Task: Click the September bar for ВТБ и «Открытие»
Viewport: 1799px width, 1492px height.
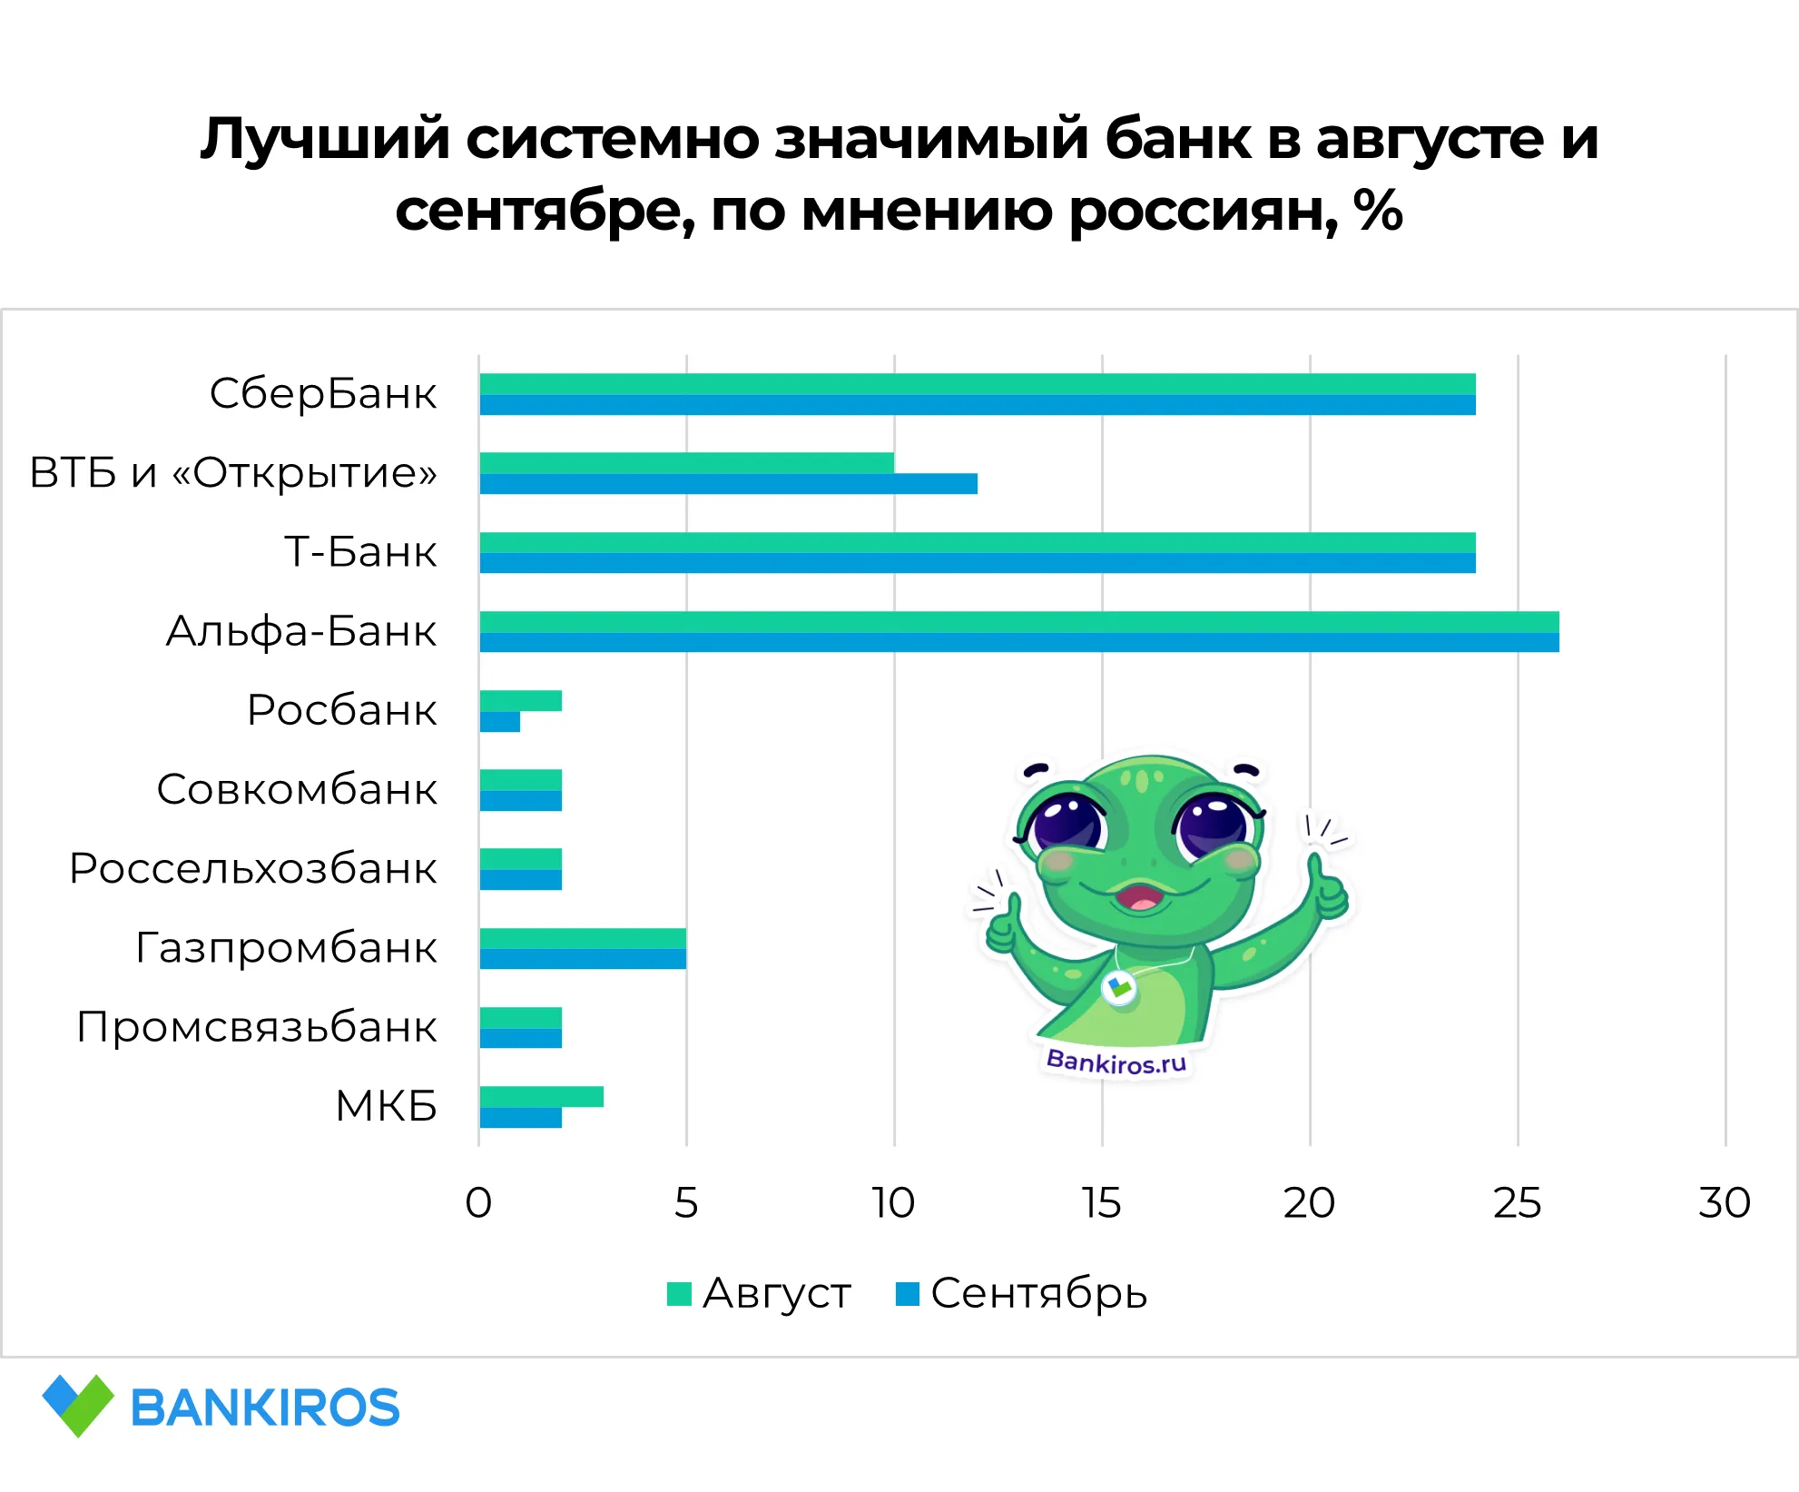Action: pyautogui.click(x=728, y=484)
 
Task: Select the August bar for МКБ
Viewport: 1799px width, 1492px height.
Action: pyautogui.click(x=541, y=1097)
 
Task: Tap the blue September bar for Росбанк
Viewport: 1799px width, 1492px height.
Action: pyautogui.click(x=500, y=722)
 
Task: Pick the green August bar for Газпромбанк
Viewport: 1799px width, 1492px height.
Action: pyautogui.click(x=583, y=938)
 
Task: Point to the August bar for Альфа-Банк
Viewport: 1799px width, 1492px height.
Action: pyautogui.click(x=1018, y=622)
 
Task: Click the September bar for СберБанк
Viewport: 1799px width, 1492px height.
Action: pyautogui.click(x=977, y=405)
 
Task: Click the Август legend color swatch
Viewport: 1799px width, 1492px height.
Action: pyautogui.click(x=679, y=1293)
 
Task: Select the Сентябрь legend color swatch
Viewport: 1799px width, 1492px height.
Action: pyautogui.click(x=907, y=1293)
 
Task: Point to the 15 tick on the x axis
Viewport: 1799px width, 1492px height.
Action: pyautogui.click(x=1102, y=1203)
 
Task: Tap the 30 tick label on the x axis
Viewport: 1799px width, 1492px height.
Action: pyautogui.click(x=1725, y=1203)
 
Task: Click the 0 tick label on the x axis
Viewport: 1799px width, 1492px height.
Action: pyautogui.click(x=478, y=1203)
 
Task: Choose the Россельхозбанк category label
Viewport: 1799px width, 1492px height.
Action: pyautogui.click(x=253, y=869)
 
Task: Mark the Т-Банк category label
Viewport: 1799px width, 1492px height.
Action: pyautogui.click(x=360, y=552)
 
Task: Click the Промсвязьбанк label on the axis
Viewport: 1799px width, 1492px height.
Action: pyautogui.click(x=257, y=1027)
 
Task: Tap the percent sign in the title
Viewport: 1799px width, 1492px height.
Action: pyautogui.click(x=1378, y=211)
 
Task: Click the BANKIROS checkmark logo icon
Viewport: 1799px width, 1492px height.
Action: pyautogui.click(x=78, y=1406)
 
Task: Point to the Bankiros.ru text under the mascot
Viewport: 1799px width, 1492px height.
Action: pyautogui.click(x=1116, y=1062)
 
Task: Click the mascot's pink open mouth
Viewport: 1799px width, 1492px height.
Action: pyautogui.click(x=1140, y=898)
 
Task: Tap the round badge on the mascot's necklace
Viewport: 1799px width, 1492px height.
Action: pyautogui.click(x=1119, y=987)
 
